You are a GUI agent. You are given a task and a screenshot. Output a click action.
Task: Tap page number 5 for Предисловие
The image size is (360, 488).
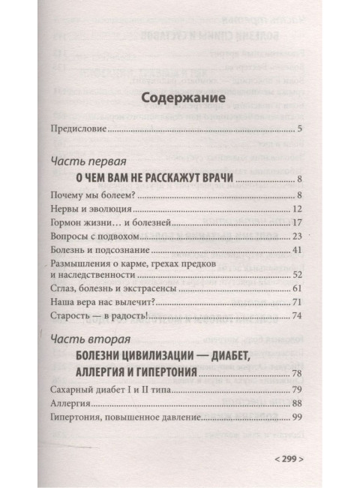pos(298,131)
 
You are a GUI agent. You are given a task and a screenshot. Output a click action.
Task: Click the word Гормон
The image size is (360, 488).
pos(67,223)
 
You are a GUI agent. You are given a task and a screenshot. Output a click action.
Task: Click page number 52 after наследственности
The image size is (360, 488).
pos(296,274)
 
